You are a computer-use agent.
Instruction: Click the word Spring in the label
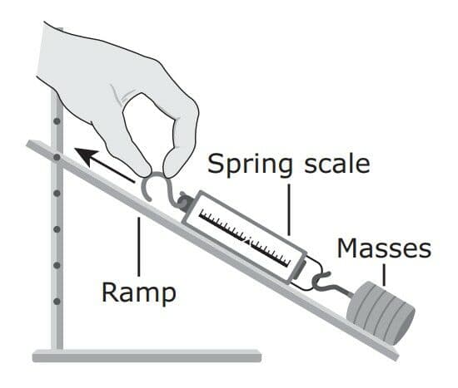click(x=250, y=165)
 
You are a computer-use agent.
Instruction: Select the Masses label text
click(x=384, y=248)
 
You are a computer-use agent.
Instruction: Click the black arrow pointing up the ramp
click(x=105, y=165)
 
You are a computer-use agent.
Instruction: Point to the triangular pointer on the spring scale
click(x=246, y=241)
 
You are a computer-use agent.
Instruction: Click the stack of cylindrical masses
click(x=381, y=312)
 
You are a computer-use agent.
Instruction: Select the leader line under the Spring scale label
click(x=289, y=209)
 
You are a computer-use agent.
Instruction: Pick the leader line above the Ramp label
click(x=139, y=247)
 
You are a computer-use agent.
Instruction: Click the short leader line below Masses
click(x=384, y=275)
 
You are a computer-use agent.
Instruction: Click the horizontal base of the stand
click(x=147, y=356)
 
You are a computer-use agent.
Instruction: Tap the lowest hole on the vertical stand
click(x=57, y=302)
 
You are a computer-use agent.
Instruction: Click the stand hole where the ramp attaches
click(x=57, y=157)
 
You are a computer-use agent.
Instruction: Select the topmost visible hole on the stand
click(x=57, y=121)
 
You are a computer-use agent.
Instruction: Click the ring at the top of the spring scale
click(x=184, y=200)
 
